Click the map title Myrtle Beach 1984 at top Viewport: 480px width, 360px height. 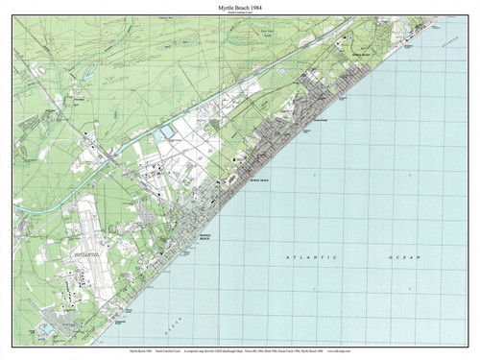point(240,7)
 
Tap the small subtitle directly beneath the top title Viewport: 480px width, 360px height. point(240,13)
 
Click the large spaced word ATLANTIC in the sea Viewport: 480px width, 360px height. point(307,258)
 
